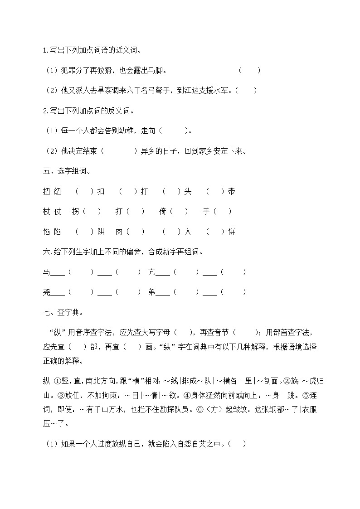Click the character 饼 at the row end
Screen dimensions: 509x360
click(232, 232)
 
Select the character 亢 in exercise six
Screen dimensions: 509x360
click(152, 272)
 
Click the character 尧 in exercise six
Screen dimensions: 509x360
click(46, 292)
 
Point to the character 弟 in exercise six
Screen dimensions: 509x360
click(152, 292)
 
